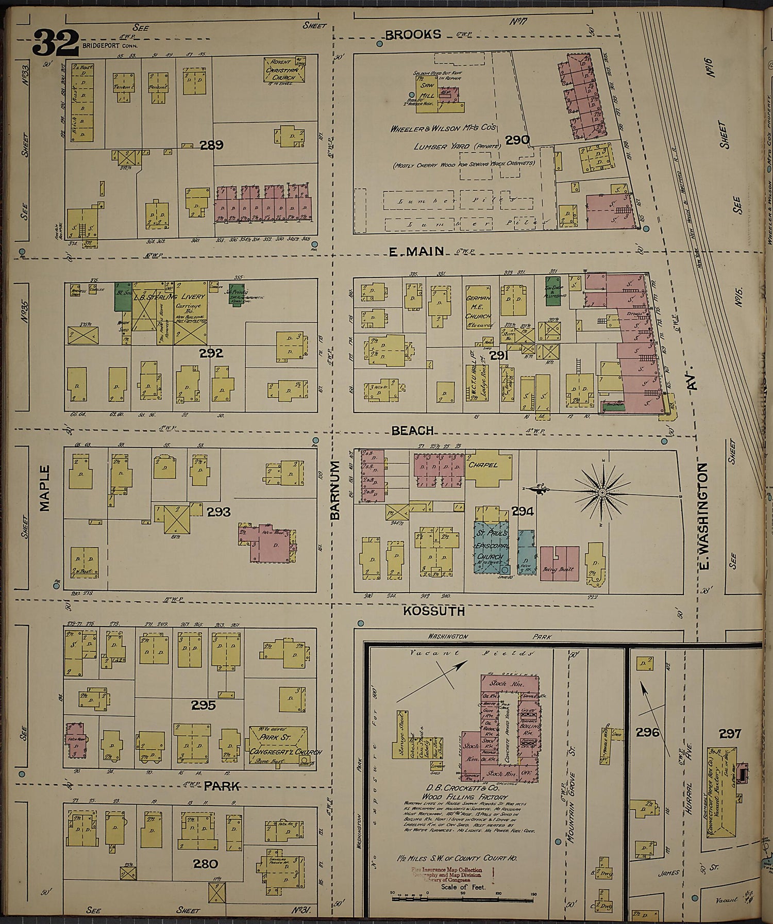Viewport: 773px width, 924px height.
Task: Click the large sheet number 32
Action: click(56, 42)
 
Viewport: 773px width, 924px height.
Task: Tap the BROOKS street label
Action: click(413, 35)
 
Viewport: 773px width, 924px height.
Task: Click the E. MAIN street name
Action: click(416, 251)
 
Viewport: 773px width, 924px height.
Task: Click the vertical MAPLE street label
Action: click(45, 488)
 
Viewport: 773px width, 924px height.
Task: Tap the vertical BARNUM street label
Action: click(335, 490)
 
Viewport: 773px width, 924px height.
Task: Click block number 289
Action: click(211, 145)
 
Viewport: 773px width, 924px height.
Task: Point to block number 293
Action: click(219, 512)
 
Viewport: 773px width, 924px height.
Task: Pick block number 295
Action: click(203, 705)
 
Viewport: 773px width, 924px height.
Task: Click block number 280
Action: click(206, 863)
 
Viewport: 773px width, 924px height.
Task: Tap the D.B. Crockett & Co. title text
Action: click(457, 788)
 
